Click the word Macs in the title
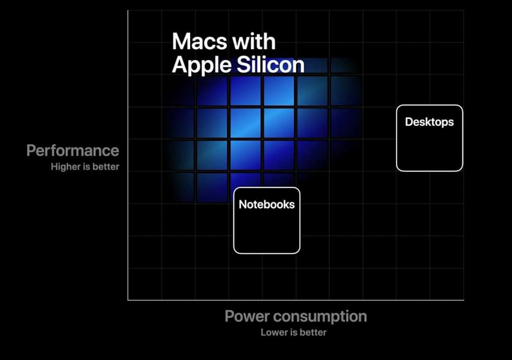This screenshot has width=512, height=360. click(x=200, y=41)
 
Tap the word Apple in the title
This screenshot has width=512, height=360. click(x=201, y=65)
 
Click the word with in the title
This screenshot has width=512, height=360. click(x=254, y=41)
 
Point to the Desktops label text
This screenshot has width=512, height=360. click(x=430, y=122)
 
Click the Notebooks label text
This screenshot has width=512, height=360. click(x=267, y=204)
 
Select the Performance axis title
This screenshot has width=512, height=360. click(x=73, y=150)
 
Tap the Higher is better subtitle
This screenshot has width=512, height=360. click(x=85, y=166)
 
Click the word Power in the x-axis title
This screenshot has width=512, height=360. click(x=247, y=316)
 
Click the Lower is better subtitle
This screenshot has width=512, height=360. click(x=293, y=332)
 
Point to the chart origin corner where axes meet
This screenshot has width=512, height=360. click(x=128, y=300)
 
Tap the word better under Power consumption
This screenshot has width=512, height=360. click(x=313, y=332)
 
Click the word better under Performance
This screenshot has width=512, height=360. click(x=106, y=166)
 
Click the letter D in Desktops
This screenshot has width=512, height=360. click(x=409, y=122)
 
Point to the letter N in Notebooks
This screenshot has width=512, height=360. click(x=243, y=204)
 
